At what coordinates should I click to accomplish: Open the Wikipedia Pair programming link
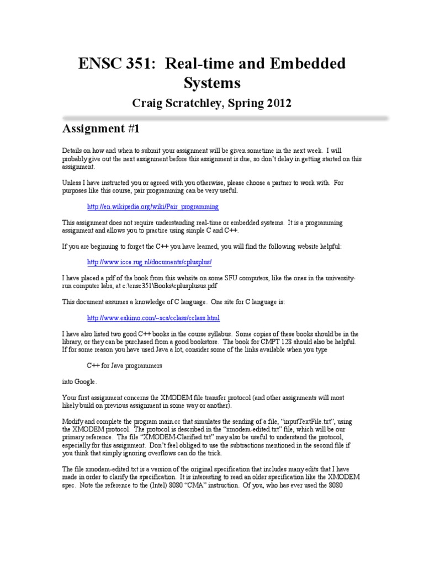click(153, 207)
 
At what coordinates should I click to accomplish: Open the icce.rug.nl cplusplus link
click(150, 262)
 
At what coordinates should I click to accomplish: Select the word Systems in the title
click(212, 83)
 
